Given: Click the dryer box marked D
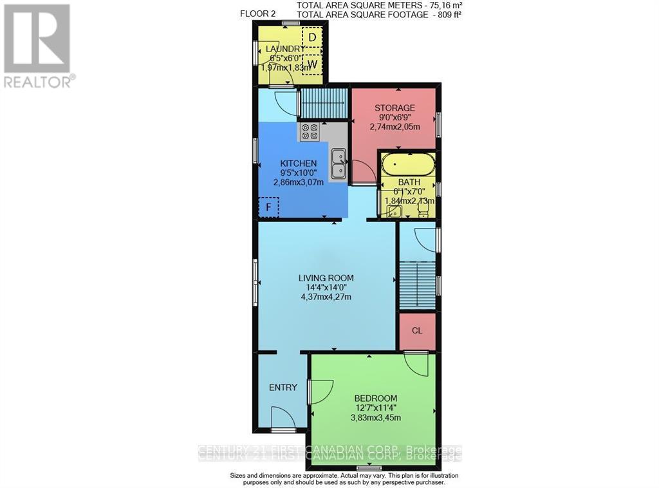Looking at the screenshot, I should click(312, 37).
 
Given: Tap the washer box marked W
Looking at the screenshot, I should click(312, 64).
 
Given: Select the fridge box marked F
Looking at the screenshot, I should click(269, 208).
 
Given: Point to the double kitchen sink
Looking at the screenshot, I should click(339, 164).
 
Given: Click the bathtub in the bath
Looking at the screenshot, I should click(408, 165).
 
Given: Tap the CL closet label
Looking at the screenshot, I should click(417, 331).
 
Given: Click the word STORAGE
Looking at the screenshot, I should click(394, 108).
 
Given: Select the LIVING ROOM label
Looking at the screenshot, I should click(326, 278).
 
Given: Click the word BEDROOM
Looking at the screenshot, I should click(376, 398).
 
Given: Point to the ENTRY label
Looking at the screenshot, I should click(283, 388).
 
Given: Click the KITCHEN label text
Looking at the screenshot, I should click(298, 164).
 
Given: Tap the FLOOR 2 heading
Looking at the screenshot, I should click(258, 14).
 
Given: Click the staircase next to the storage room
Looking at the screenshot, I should click(323, 103).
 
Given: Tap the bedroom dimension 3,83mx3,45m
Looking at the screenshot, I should click(376, 417).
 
